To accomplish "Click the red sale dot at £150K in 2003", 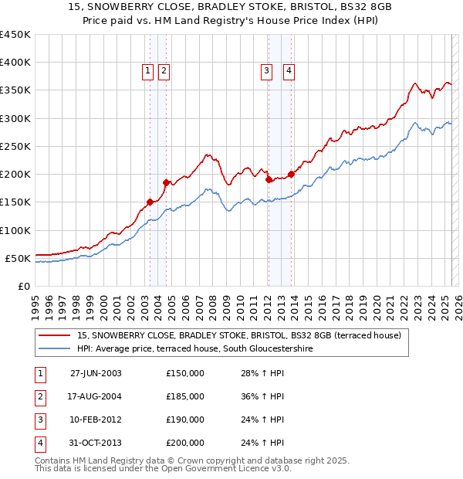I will point(150,202).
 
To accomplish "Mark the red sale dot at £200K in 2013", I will point(292,174).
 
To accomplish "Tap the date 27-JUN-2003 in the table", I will point(96,373).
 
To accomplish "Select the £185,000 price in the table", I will point(184,396).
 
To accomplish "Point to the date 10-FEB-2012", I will point(96,420).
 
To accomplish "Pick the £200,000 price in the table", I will point(184,443).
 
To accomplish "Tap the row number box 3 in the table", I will point(39,420).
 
